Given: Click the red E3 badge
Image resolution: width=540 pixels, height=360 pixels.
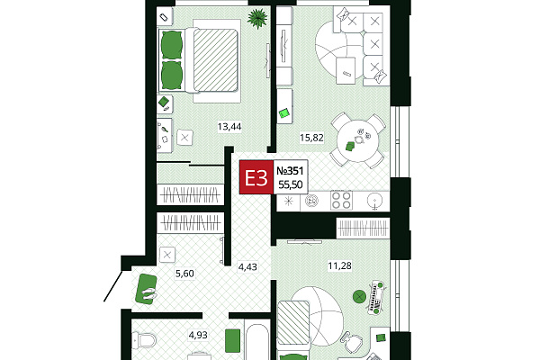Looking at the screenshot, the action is [256, 177].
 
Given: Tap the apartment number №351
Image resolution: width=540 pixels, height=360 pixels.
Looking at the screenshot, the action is [290, 170].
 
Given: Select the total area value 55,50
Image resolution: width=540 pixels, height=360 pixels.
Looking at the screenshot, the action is [291, 185].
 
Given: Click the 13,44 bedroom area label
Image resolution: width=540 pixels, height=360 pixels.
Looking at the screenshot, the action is [229, 127].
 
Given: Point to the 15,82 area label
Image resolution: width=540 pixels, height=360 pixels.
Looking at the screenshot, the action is [311, 138].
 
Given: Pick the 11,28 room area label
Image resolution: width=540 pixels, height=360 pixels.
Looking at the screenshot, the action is [339, 266].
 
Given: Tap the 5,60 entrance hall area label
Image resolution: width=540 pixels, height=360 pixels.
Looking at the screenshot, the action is [184, 274].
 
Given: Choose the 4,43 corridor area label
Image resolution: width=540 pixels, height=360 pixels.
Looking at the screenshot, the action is [247, 267].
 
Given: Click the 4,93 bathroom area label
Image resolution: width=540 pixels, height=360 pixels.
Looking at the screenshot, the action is [198, 335].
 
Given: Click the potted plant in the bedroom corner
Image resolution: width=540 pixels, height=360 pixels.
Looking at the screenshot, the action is [257, 18].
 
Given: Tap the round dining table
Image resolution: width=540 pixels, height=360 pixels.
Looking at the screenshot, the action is [357, 140].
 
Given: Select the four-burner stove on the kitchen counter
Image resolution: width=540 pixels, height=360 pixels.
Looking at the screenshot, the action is [341, 200].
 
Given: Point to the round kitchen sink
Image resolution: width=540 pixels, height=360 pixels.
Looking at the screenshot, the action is [374, 200].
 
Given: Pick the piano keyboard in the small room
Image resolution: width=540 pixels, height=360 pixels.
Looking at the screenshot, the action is [376, 297].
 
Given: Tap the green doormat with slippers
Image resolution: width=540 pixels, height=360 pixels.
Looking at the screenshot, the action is [147, 290].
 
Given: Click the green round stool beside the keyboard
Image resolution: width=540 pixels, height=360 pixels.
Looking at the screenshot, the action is [359, 296].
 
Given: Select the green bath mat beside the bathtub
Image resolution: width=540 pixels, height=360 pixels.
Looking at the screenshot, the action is [232, 341].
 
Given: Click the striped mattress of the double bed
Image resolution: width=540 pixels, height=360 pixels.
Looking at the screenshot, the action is [216, 60].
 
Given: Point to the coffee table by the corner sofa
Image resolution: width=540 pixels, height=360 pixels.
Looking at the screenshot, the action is [346, 70].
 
